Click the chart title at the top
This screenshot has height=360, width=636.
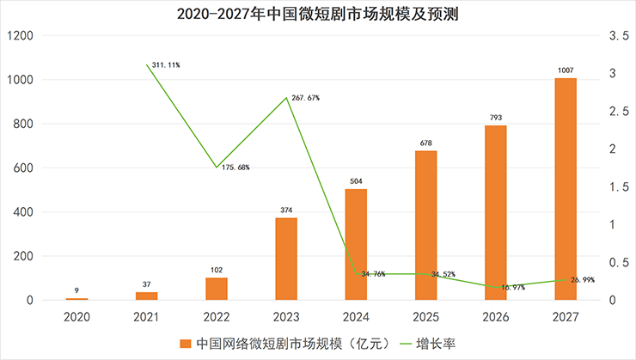pos(317,14)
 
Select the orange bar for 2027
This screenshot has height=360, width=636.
pos(565,189)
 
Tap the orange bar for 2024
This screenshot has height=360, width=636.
pos(356,245)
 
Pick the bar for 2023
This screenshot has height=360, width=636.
pos(286,259)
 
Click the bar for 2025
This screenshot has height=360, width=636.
pos(425,225)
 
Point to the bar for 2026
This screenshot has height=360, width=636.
pos(495,213)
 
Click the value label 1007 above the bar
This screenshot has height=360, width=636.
pos(565,70)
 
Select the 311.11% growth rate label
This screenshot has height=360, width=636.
pos(166,64)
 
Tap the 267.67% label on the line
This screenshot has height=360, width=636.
pos(305,98)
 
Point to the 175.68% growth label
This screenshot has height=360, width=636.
pos(235,167)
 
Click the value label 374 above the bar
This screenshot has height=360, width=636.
pos(286,211)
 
